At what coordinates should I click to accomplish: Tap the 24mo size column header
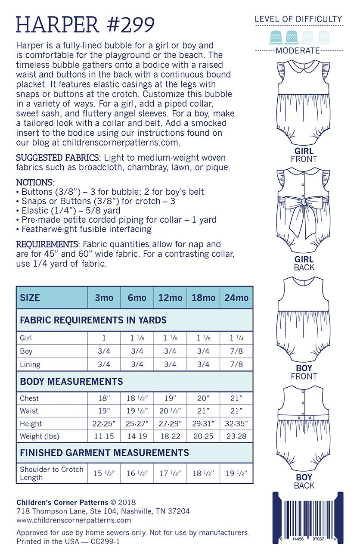[236, 298]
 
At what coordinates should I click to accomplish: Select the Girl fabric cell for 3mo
[104, 338]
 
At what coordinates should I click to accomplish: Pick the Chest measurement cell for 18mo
[203, 398]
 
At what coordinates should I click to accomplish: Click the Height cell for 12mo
[170, 424]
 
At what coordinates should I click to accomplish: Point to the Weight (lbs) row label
[40, 436]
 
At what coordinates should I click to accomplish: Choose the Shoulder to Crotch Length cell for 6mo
[137, 473]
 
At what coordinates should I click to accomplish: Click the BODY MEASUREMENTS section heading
[71, 381]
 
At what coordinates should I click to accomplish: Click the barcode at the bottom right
[307, 517]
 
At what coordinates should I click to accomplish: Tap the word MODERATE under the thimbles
[298, 51]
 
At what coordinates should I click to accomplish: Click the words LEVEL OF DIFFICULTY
[298, 19]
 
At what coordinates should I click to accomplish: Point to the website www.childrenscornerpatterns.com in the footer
[68, 520]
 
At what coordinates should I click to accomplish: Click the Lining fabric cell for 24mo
[236, 364]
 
